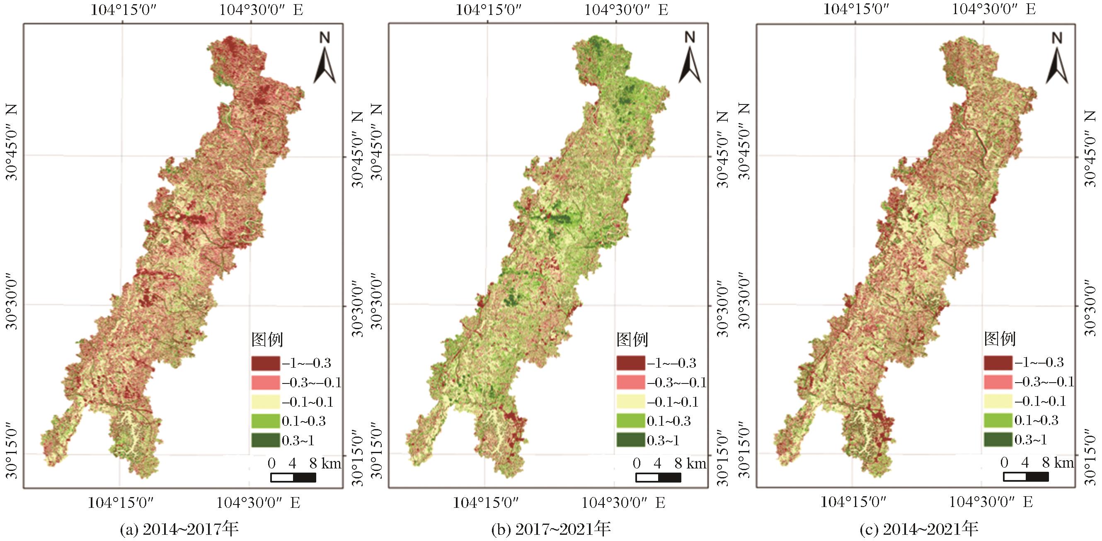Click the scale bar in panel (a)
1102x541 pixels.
tap(293, 477)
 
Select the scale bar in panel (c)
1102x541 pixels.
tap(1026, 476)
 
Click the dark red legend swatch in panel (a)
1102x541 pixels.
tap(266, 364)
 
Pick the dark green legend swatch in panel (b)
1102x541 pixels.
tap(630, 440)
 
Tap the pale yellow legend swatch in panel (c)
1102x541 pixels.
tap(998, 401)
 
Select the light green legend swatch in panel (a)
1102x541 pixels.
tap(266, 421)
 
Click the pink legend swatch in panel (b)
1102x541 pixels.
tap(630, 382)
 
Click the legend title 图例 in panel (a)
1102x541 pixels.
tap(267, 340)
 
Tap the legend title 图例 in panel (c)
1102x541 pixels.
tap(1000, 339)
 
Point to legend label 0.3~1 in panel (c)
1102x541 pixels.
tap(1031, 439)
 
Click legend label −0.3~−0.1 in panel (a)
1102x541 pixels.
tap(311, 382)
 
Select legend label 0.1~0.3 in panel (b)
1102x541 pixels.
tap(668, 421)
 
